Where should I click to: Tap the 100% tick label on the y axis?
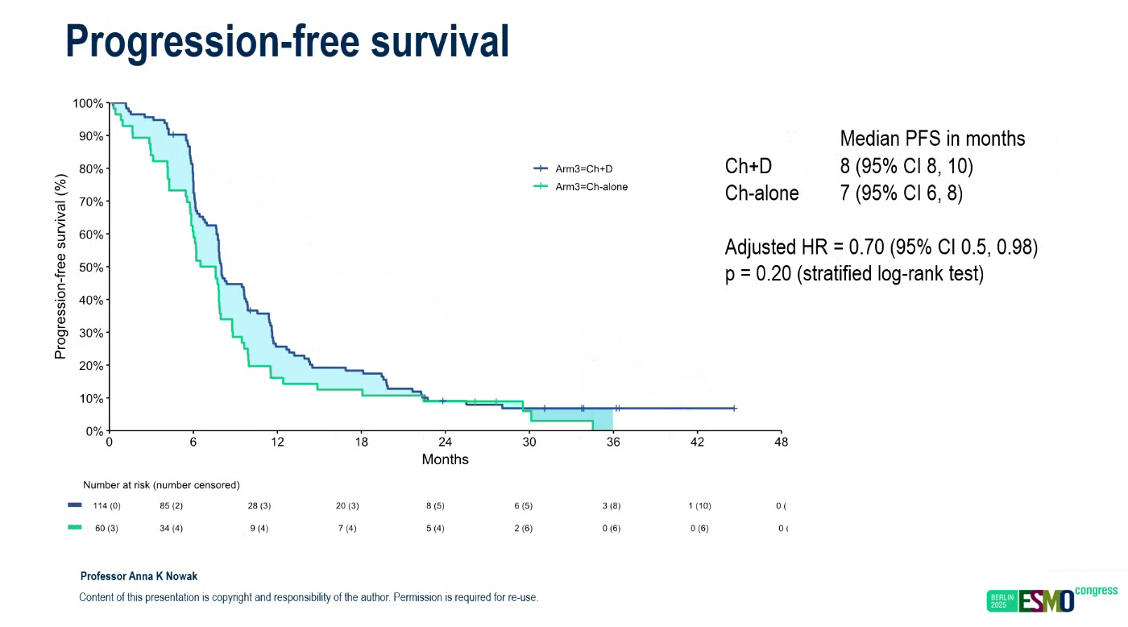[x=88, y=103]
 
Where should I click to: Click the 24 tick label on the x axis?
[x=446, y=442]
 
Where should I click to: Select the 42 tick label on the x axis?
[x=698, y=442]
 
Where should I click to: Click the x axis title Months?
[x=445, y=459]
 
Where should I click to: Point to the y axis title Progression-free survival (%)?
[x=60, y=266]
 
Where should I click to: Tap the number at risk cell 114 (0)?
[x=107, y=506]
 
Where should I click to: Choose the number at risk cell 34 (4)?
[x=172, y=528]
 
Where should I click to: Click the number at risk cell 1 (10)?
[x=699, y=506]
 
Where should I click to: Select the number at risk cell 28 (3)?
[x=259, y=506]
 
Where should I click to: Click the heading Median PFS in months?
[x=932, y=139]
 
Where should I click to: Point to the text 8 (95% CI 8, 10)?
[x=906, y=166]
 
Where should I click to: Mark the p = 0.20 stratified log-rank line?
[x=854, y=273]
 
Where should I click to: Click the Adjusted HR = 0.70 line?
[x=881, y=247]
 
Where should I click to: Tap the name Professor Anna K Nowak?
[x=139, y=577]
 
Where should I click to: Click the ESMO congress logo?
[x=1051, y=600]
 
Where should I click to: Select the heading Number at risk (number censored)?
[x=161, y=485]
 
